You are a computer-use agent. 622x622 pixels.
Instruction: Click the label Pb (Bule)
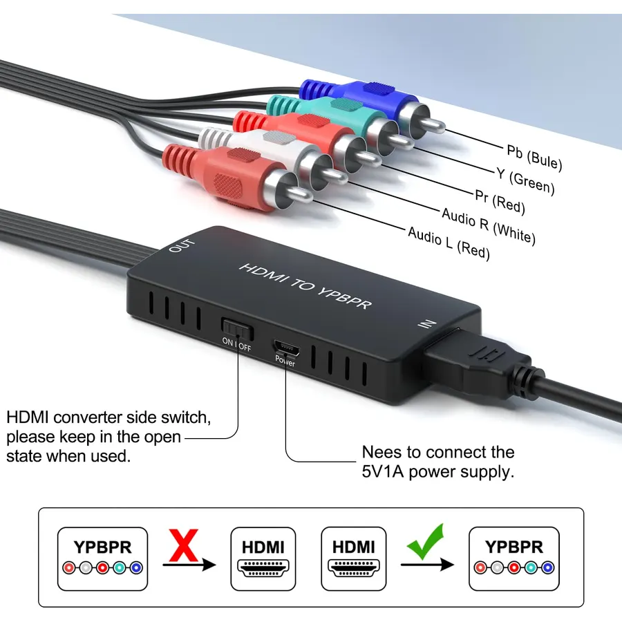(x=534, y=157)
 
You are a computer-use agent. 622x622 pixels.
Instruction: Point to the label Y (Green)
(x=525, y=180)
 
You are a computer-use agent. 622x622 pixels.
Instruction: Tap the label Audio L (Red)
(x=449, y=243)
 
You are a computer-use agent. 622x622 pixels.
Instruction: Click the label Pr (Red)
(x=500, y=202)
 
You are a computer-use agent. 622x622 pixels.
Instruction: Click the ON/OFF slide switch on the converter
(x=237, y=329)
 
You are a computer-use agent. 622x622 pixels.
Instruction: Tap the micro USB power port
(x=286, y=348)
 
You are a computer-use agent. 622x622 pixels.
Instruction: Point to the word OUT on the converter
(x=182, y=245)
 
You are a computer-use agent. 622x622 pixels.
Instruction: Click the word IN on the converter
(x=427, y=323)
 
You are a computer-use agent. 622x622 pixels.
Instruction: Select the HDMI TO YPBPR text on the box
(x=305, y=285)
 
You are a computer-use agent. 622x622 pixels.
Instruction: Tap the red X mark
(x=183, y=545)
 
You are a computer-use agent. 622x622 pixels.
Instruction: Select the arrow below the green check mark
(x=427, y=564)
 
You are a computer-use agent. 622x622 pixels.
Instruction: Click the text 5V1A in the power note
(x=382, y=471)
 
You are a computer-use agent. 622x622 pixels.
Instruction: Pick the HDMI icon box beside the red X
(x=263, y=558)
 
